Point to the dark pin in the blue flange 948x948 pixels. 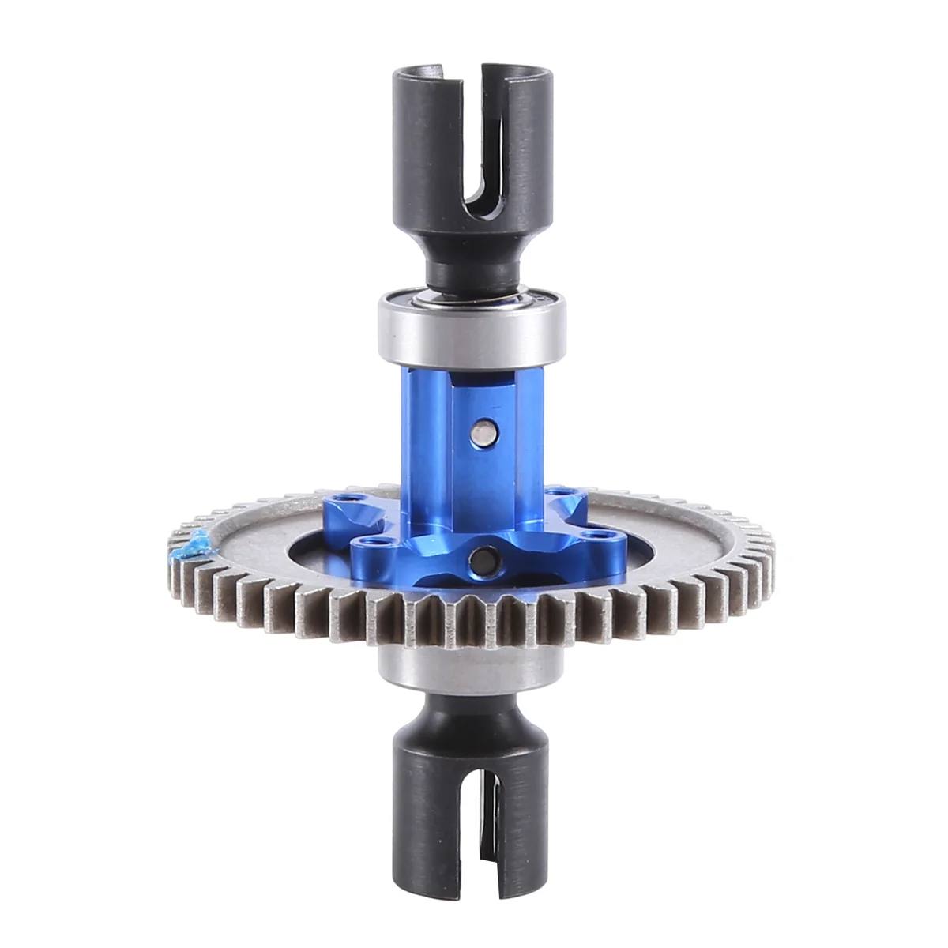coord(478,562)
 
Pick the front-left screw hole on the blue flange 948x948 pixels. coord(364,543)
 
